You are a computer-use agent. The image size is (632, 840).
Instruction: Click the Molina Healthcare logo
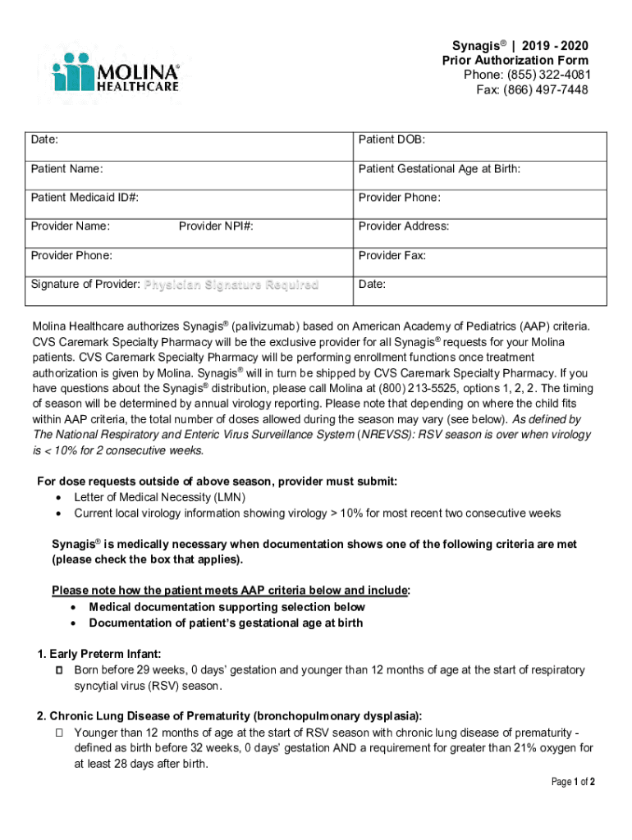[115, 71]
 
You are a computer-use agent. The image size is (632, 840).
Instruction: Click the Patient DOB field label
[392, 140]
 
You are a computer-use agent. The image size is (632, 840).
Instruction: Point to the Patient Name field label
[67, 169]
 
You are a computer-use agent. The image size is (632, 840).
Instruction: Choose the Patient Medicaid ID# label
[85, 198]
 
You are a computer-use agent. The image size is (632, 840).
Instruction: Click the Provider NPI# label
[216, 226]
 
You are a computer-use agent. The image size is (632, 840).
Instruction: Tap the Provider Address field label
[403, 226]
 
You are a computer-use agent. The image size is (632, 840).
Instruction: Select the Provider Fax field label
[392, 255]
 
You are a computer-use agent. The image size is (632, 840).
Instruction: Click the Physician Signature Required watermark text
[231, 285]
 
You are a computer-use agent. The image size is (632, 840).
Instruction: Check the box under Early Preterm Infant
[58, 671]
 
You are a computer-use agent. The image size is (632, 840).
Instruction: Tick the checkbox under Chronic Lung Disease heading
[58, 733]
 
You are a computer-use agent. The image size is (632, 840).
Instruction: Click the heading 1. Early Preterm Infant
[99, 654]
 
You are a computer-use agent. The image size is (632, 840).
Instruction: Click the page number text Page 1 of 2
[573, 782]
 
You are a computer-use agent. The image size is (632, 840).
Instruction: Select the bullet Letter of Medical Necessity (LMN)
[160, 498]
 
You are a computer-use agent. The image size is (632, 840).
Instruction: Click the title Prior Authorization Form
[515, 61]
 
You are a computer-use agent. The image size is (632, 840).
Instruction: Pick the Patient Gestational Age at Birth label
[439, 169]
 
